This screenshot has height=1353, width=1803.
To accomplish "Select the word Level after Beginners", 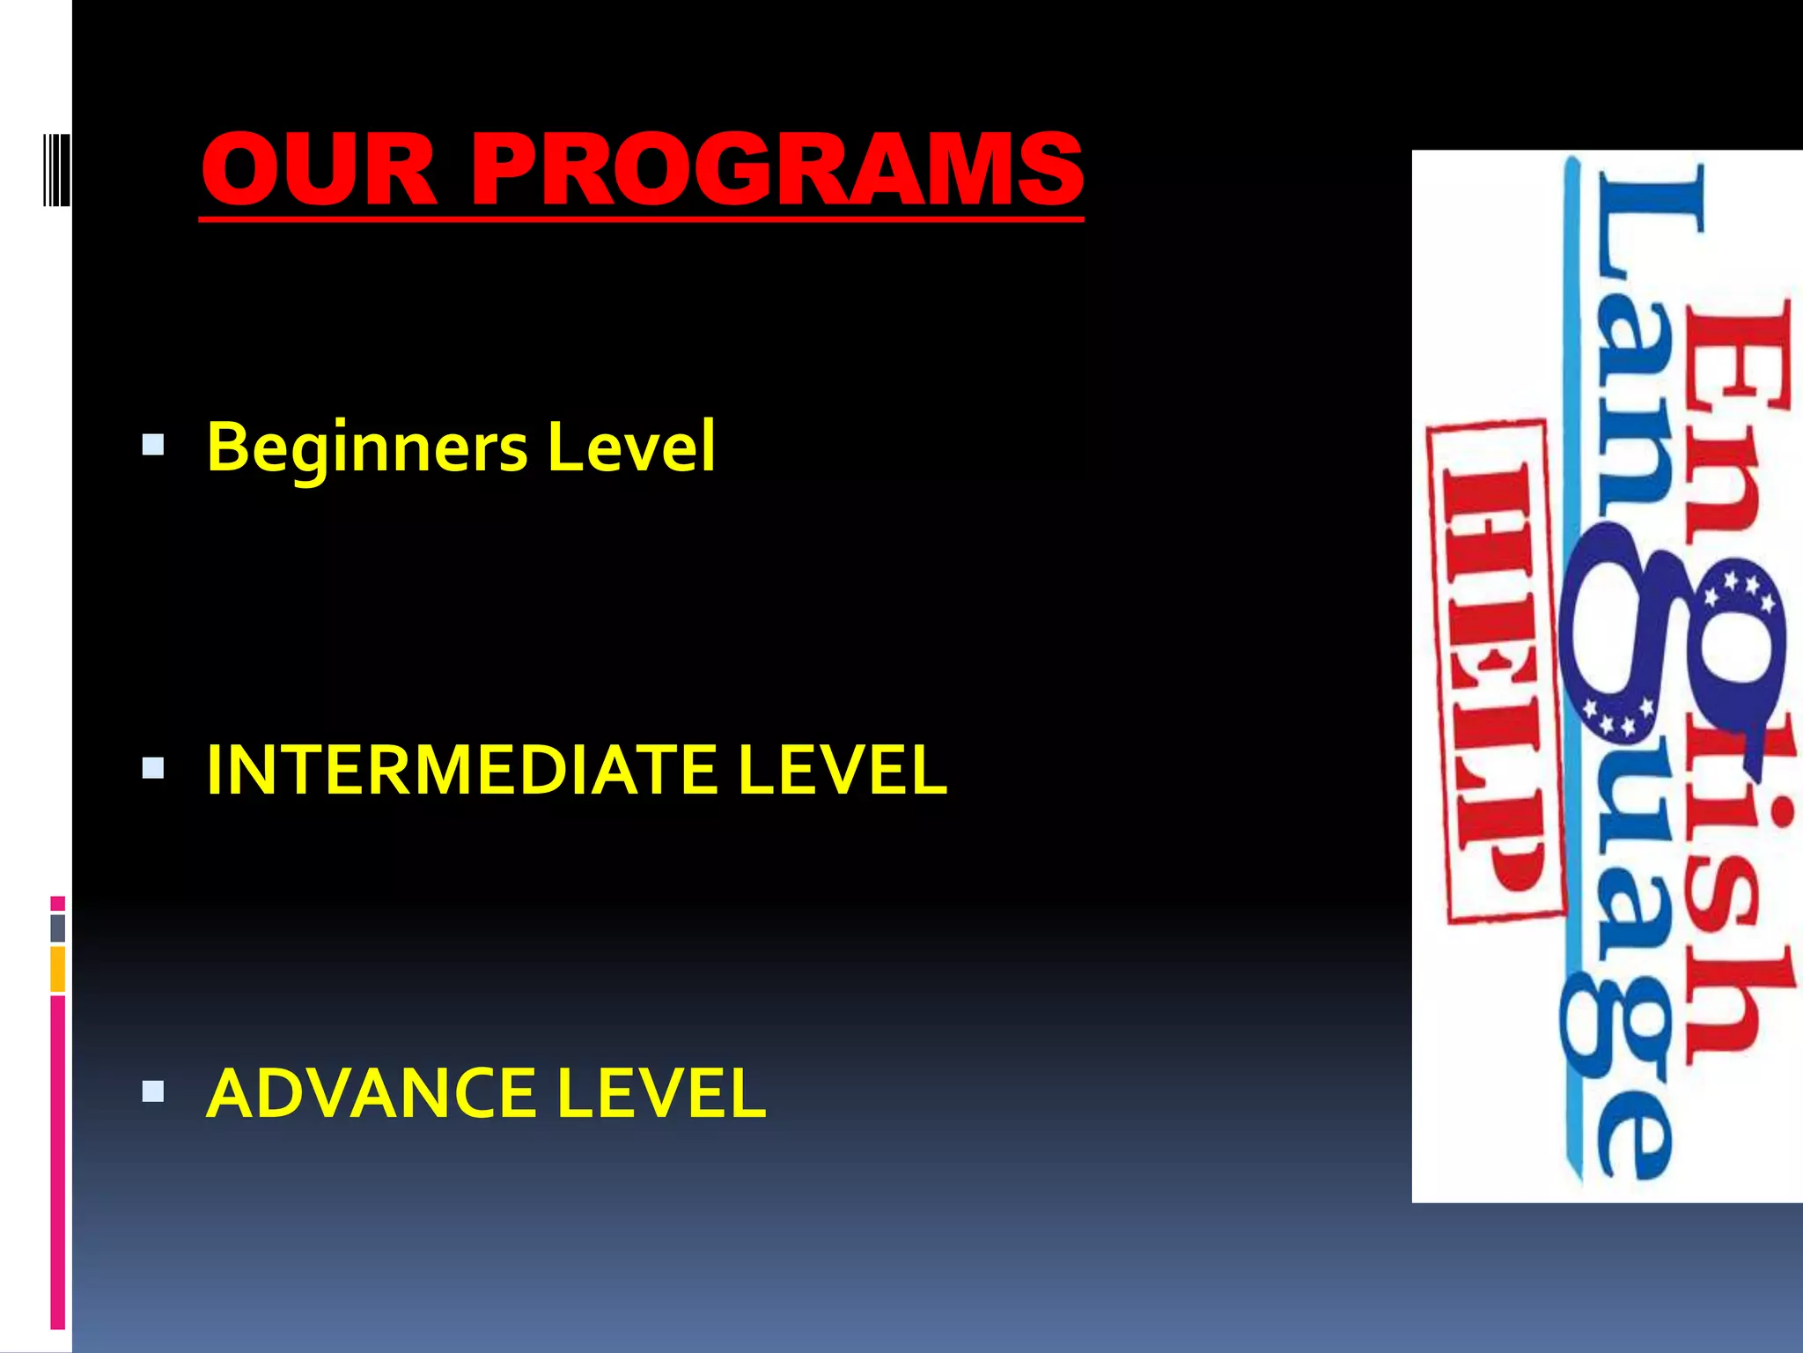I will pos(630,447).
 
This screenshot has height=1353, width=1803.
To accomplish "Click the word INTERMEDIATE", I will pos(461,770).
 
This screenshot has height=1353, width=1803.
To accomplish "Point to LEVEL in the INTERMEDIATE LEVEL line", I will pos(843,770).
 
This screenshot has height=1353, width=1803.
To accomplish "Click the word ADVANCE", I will pos(371,1093).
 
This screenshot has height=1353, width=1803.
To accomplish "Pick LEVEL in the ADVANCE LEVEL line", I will pos(661,1093).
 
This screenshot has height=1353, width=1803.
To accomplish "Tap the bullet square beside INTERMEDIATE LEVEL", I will pos(153,769).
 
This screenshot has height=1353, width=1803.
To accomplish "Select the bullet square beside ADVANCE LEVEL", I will pos(153,1092).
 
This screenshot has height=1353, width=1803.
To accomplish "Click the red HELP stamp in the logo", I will pos(1494,671).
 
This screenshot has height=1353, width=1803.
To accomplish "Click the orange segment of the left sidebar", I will pos(57,969).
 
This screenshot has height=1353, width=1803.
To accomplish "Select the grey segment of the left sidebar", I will pos(57,928).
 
